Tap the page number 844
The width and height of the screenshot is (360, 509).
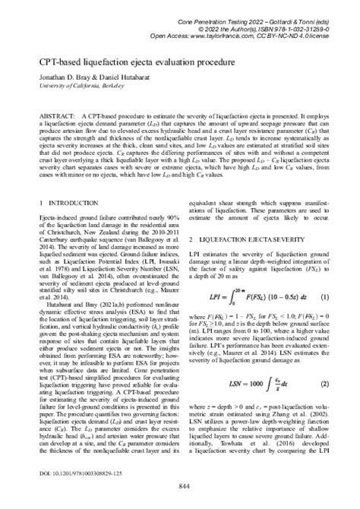[x=180, y=486]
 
